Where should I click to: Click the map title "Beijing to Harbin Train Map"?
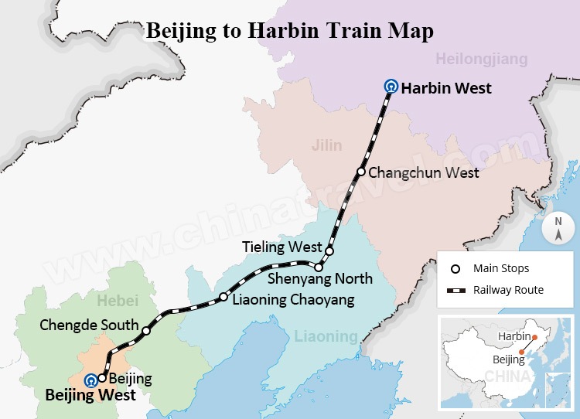pyautogui.click(x=289, y=32)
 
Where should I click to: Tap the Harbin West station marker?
pyautogui.click(x=391, y=87)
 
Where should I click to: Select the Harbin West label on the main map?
pyautogui.click(x=446, y=88)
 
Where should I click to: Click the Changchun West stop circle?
pyautogui.click(x=360, y=172)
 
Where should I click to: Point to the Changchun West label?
pyautogui.click(x=424, y=172)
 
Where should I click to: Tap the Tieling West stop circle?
pyautogui.click(x=329, y=251)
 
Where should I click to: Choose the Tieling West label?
pyautogui.click(x=281, y=247)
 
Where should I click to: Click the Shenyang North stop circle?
pyautogui.click(x=318, y=267)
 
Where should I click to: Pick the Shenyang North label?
pyautogui.click(x=319, y=278)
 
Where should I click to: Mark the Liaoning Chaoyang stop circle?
pyautogui.click(x=223, y=297)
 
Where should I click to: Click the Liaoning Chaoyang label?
pyautogui.click(x=293, y=299)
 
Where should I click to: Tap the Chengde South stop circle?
pyautogui.click(x=145, y=331)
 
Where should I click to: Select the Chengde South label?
pyautogui.click(x=89, y=325)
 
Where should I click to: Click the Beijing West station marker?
pyautogui.click(x=91, y=380)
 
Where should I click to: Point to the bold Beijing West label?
pyautogui.click(x=90, y=395)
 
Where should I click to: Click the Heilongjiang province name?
pyautogui.click(x=481, y=59)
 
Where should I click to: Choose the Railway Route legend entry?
pyautogui.click(x=496, y=290)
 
